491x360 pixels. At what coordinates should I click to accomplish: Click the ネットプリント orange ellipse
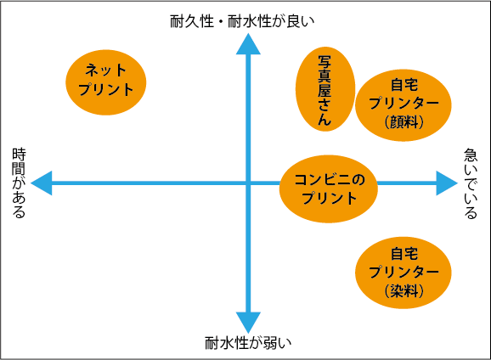point(106,82)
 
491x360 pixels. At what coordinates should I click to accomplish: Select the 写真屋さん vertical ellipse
point(325,89)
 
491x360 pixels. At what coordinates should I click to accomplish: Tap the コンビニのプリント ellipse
point(329,188)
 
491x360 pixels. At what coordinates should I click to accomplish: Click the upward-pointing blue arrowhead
point(248,44)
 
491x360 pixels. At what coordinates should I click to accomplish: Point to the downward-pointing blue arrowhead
point(248,323)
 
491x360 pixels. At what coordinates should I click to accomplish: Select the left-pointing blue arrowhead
point(42,183)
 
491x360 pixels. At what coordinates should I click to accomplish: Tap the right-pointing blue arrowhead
point(447,183)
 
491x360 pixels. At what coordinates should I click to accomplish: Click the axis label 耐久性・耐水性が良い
point(242,21)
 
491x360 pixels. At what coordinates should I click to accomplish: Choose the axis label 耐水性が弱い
point(248,343)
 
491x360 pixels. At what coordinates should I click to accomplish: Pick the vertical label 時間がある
point(19,183)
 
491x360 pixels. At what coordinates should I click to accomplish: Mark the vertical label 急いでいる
point(471,183)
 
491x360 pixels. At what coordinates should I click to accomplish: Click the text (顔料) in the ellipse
point(404,122)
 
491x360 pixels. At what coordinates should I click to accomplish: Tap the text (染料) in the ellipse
point(404,291)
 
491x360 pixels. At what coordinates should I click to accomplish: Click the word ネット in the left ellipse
point(106,70)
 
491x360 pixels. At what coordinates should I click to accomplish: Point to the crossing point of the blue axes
point(248,183)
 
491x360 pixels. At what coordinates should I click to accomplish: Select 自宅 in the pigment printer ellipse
point(404,85)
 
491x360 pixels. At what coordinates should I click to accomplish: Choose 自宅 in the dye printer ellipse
point(404,254)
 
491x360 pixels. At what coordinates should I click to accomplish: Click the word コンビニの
point(330,180)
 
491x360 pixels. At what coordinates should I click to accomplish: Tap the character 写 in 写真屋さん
point(325,62)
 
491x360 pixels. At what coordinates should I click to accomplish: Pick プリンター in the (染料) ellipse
point(404,272)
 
